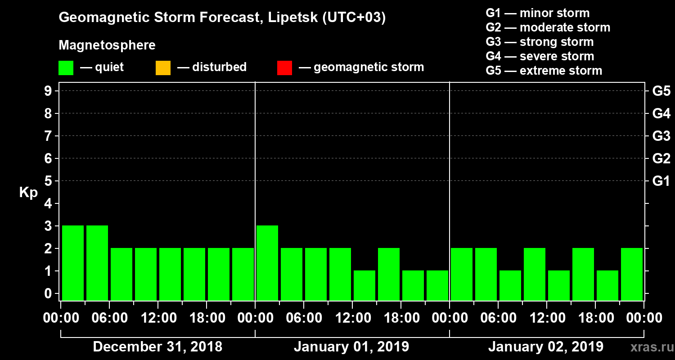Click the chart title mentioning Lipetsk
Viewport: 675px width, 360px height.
[x=222, y=18]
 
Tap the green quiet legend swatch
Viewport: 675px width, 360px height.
[x=66, y=68]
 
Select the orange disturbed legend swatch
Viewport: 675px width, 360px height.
[x=163, y=68]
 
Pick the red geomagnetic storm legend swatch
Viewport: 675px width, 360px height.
[x=284, y=68]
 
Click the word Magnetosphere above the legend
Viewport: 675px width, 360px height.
[x=107, y=45]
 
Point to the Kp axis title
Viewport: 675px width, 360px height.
[x=28, y=192]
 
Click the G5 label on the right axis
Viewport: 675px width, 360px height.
[x=661, y=91]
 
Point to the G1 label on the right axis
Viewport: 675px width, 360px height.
[x=661, y=181]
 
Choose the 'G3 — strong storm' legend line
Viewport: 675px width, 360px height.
[x=540, y=42]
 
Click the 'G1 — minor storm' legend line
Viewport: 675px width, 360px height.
[x=537, y=13]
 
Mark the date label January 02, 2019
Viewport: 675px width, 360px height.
[x=546, y=347]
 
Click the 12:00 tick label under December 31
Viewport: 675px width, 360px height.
[x=158, y=318]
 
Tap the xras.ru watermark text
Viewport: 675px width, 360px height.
[x=648, y=347]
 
